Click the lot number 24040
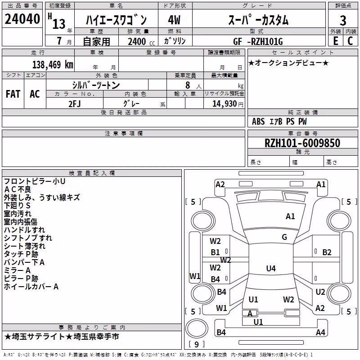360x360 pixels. click(x=22, y=19)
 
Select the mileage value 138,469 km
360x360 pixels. click(x=53, y=65)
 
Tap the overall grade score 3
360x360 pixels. click(x=343, y=21)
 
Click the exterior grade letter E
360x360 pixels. click(x=335, y=41)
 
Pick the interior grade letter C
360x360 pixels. click(x=350, y=41)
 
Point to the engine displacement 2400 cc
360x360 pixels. click(x=141, y=41)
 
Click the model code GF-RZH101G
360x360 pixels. click(x=258, y=41)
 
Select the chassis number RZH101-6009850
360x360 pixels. click(x=302, y=143)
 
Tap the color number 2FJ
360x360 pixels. click(x=75, y=104)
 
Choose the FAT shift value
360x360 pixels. click(x=13, y=94)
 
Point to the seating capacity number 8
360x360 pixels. click(x=188, y=85)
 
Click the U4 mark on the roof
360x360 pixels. click(x=271, y=268)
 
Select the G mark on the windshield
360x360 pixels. click(x=284, y=237)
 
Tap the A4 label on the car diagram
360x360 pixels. click(x=320, y=332)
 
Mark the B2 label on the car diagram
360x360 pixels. click(x=327, y=252)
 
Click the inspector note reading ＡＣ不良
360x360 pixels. click(x=18, y=189)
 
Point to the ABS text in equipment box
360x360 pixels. click(x=258, y=121)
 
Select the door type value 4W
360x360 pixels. click(x=174, y=20)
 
